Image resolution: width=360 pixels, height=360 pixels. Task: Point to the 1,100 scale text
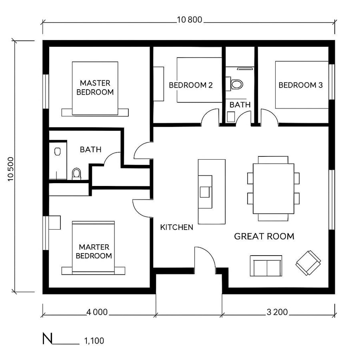click(94, 341)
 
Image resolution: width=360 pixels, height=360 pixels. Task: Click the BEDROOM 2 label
click(190, 85)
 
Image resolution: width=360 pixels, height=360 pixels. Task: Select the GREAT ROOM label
click(264, 236)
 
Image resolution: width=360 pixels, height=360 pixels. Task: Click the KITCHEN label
click(176, 227)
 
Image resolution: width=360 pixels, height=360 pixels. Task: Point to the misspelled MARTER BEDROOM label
click(94, 251)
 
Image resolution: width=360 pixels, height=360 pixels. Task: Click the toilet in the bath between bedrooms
click(236, 84)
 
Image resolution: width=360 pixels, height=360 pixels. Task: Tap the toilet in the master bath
click(76, 174)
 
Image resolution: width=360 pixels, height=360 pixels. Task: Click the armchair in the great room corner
click(308, 262)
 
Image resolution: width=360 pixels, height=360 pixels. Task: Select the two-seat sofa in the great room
click(266, 266)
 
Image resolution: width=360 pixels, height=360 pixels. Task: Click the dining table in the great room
click(273, 188)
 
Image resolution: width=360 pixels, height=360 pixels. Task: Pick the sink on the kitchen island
click(206, 192)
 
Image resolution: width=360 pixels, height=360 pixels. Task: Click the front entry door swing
click(205, 258)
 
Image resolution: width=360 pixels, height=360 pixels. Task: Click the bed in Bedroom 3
click(301, 85)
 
